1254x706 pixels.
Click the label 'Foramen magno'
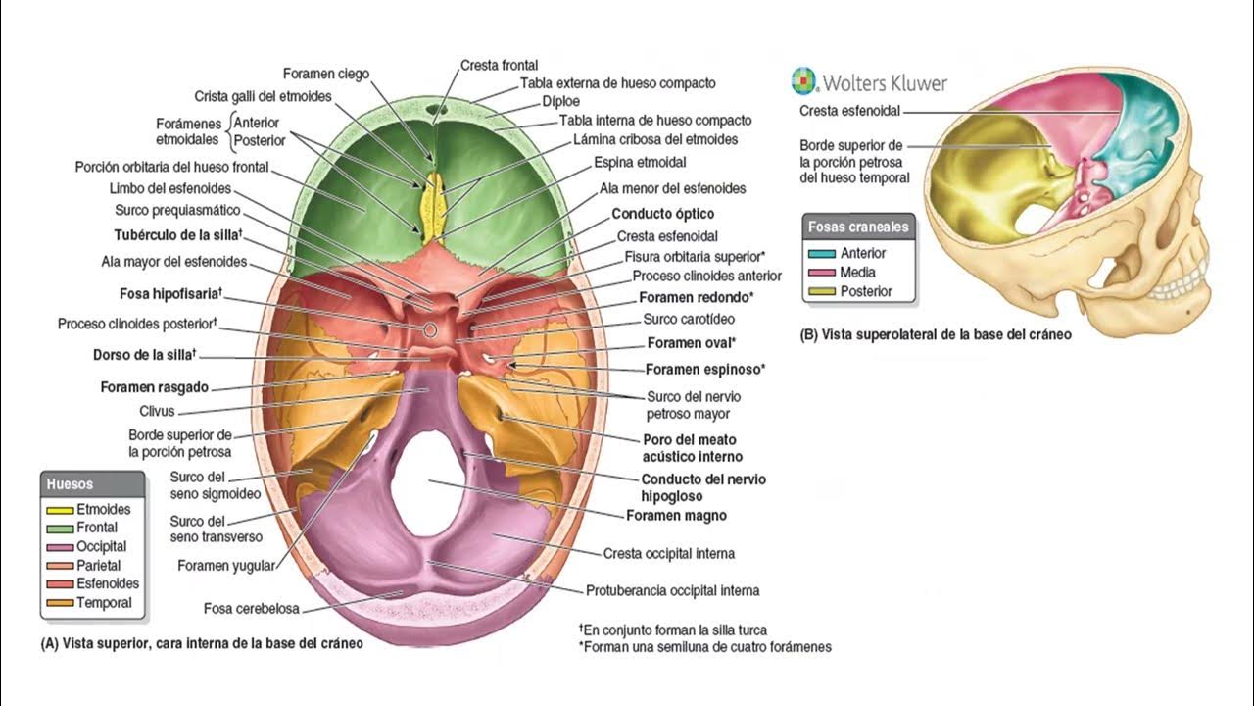(676, 515)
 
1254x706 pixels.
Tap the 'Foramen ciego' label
(326, 74)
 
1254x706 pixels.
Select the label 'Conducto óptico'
(662, 214)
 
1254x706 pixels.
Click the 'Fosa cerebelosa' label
(251, 609)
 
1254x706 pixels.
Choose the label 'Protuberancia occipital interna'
(672, 591)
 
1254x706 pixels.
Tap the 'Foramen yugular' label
(226, 565)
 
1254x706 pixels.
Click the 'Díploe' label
(560, 101)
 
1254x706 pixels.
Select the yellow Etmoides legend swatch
(60, 510)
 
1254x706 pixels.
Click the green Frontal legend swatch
(60, 529)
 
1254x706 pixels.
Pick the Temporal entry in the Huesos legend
(103, 603)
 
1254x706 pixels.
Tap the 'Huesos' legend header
(71, 484)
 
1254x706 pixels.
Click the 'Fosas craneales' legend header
(858, 227)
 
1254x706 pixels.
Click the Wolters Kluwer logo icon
(803, 80)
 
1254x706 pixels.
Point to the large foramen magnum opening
(428, 481)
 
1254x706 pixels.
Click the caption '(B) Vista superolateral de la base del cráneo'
(936, 334)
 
